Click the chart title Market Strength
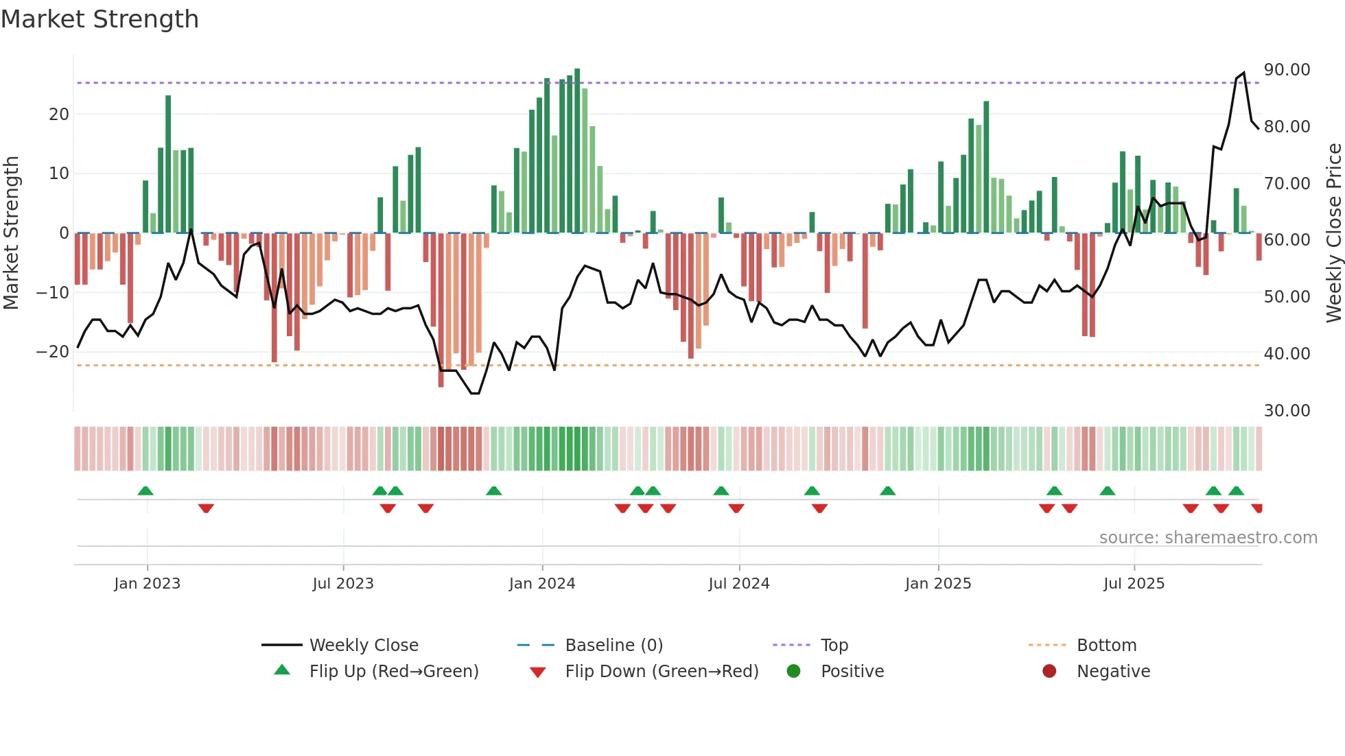point(100,19)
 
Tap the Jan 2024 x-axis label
point(542,584)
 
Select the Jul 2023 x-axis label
point(343,584)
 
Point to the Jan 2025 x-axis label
point(938,584)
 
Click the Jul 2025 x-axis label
point(1134,584)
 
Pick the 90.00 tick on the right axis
point(1287,70)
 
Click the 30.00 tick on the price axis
point(1287,411)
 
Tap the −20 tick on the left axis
point(52,352)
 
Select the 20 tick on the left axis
point(59,115)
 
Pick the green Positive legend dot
point(794,672)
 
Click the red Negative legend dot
point(1049,672)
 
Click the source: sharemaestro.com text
point(1208,538)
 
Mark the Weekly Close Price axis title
point(1334,233)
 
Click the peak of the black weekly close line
point(1243,73)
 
